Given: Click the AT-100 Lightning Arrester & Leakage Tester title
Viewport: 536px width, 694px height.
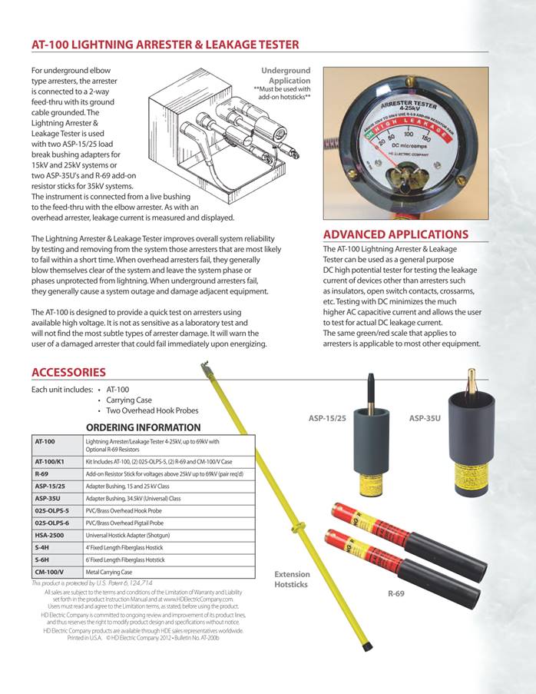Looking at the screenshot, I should [x=165, y=45].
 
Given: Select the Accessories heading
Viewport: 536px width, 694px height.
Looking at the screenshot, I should [x=68, y=372].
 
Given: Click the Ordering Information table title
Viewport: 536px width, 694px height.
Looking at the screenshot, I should [x=143, y=427].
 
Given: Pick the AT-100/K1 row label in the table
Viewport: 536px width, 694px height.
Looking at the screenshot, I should [x=51, y=461].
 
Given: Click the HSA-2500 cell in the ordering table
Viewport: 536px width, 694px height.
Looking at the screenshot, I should [x=51, y=535].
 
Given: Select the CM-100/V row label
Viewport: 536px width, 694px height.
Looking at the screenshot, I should [x=50, y=572].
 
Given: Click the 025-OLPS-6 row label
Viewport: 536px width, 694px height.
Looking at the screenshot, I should [x=52, y=523].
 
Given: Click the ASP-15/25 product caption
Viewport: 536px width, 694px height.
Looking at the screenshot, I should [x=326, y=418].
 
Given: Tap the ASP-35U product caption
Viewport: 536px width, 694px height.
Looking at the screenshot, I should [x=425, y=418].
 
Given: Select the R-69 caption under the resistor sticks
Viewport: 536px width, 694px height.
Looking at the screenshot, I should [x=396, y=593].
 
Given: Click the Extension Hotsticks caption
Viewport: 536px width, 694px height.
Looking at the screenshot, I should [x=293, y=579].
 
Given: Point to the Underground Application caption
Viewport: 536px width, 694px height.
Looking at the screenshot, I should [x=286, y=76].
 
